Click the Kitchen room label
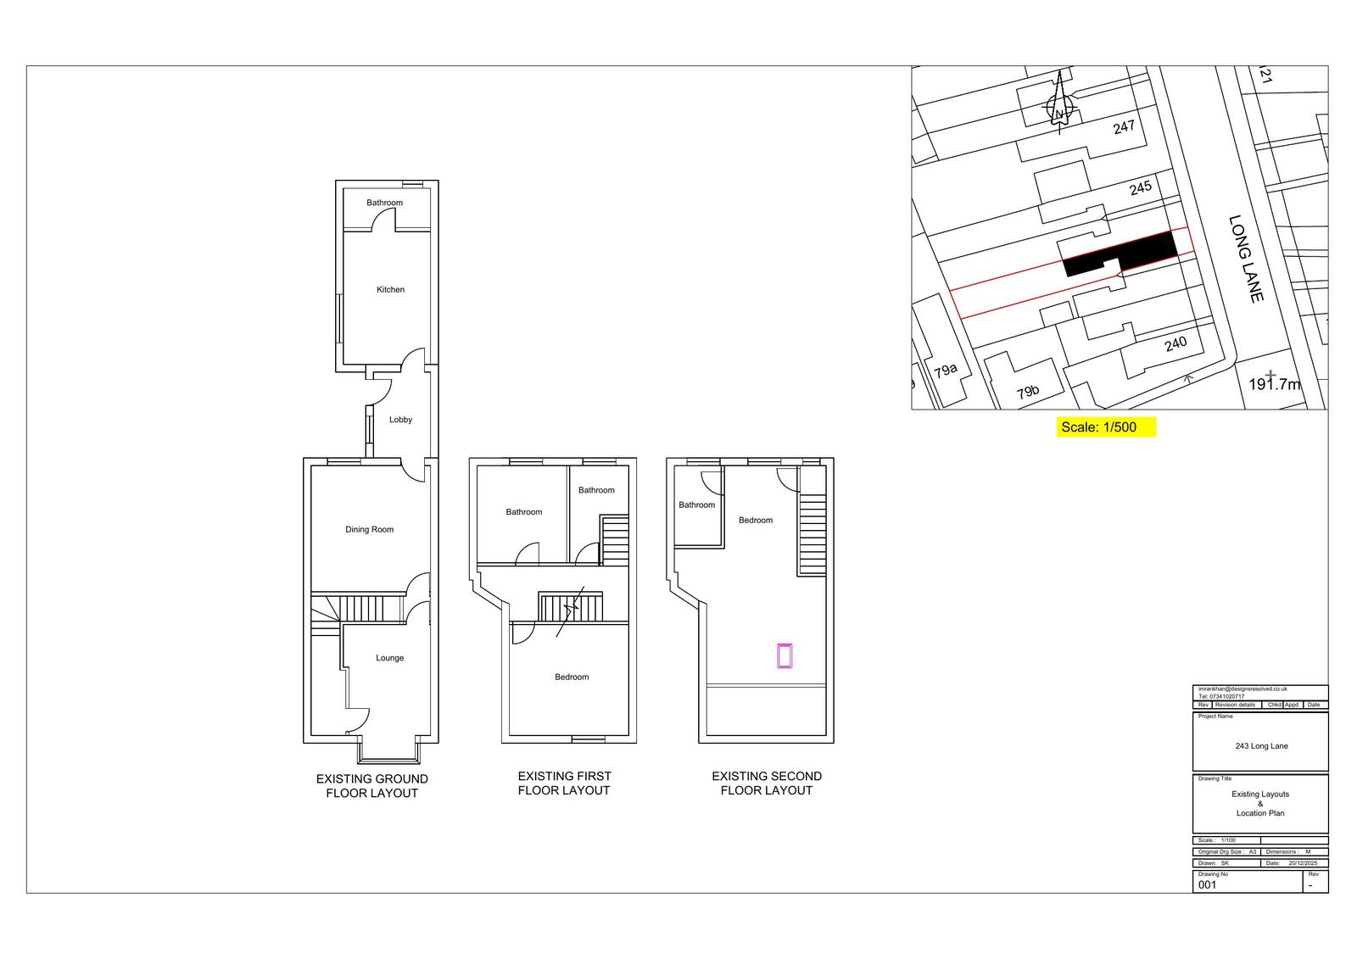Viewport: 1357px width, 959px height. [390, 290]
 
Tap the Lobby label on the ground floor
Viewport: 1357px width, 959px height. [400, 420]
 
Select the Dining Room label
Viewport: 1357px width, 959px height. [369, 530]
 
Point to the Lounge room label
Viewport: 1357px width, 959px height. [389, 658]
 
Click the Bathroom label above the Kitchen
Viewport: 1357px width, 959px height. [384, 203]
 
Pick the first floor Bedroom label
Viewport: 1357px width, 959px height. [572, 677]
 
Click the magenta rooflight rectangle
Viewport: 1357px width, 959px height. [785, 656]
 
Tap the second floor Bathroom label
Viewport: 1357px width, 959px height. [696, 505]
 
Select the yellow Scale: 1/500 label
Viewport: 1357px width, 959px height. [1106, 427]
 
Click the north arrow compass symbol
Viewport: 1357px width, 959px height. [1059, 109]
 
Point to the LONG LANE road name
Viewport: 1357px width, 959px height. [1246, 259]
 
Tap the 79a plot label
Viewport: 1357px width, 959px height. [945, 370]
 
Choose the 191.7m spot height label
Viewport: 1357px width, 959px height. [1274, 384]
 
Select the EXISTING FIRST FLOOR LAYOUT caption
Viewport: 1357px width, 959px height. [563, 783]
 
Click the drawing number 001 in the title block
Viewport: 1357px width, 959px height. [1207, 884]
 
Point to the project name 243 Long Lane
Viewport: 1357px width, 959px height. [1261, 746]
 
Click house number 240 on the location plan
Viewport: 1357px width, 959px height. [1176, 344]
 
